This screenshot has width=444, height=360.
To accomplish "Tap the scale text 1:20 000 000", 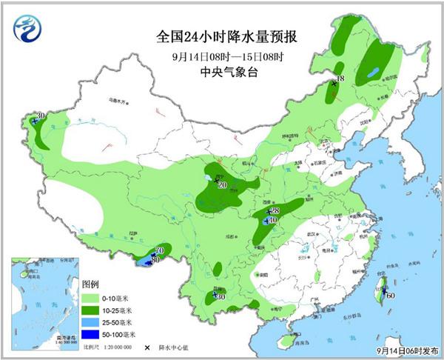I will pos(118,347).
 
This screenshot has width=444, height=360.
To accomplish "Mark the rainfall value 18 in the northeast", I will pos(341,79).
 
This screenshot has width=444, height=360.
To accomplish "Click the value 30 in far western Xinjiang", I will pos(41,115).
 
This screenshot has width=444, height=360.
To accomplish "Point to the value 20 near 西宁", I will pos(222,184).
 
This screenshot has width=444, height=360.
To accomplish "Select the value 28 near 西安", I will pos(275,211).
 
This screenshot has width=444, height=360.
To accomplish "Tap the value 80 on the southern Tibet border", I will pos(155,260).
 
